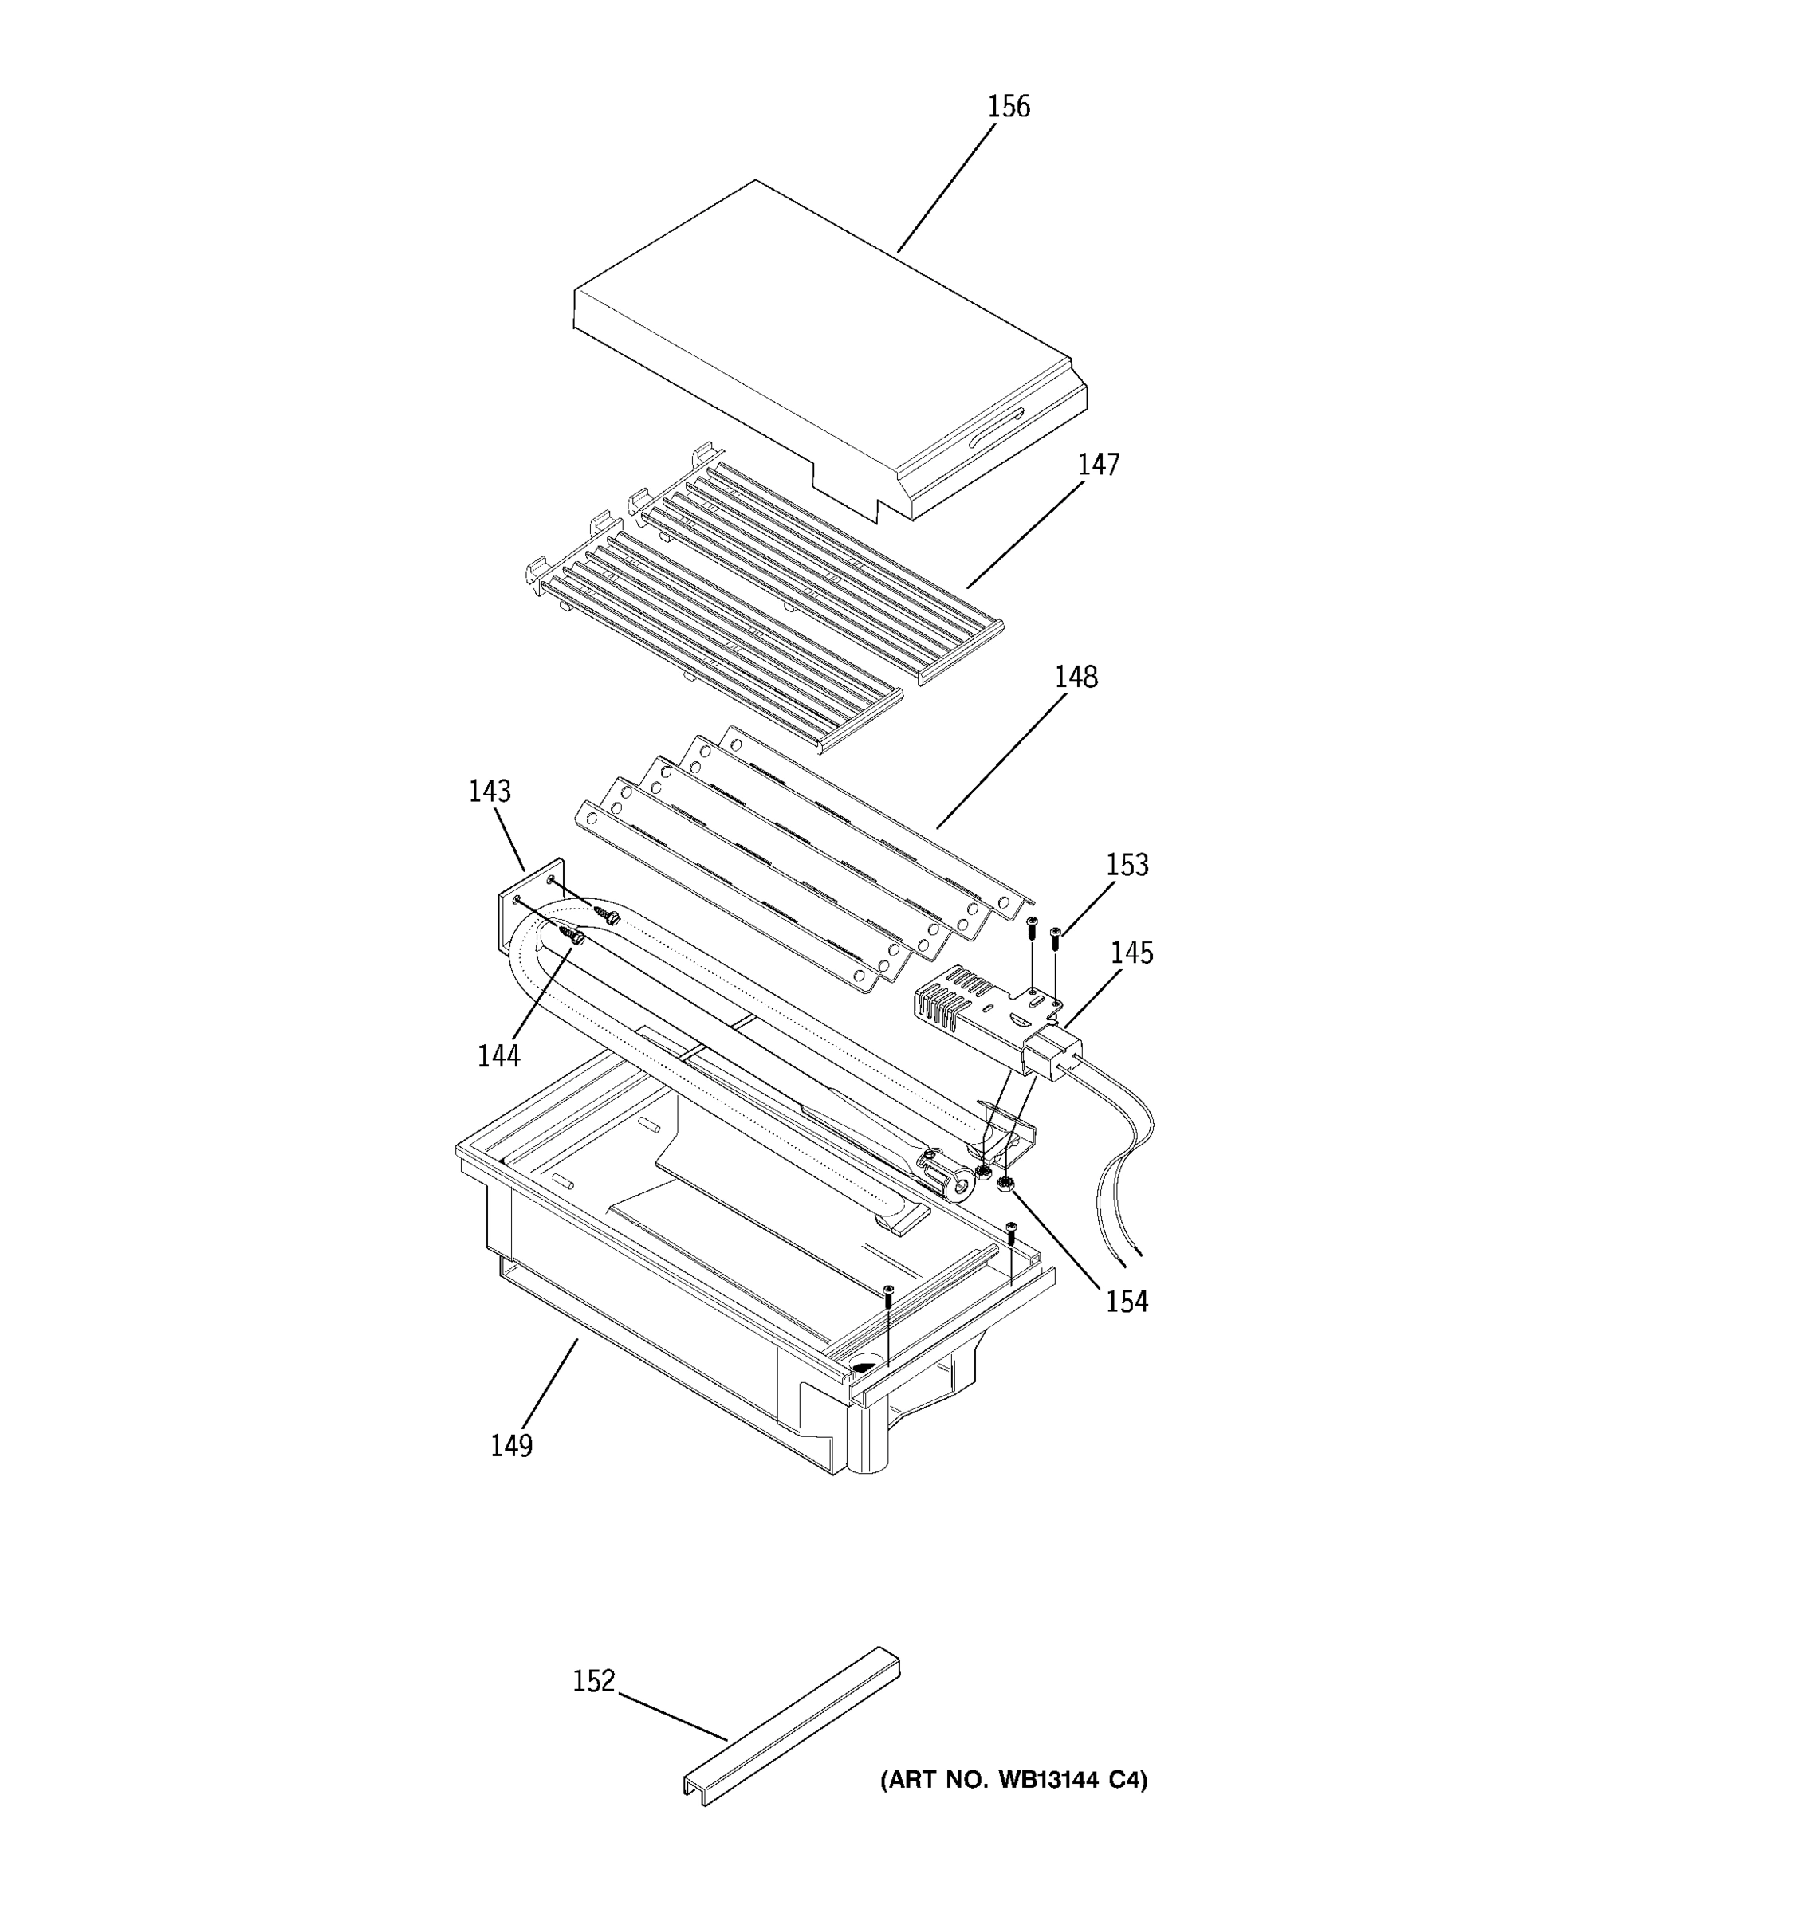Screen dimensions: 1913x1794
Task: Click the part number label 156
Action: (1008, 106)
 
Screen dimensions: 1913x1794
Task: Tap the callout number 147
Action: (1097, 465)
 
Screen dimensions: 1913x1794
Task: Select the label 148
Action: (1075, 678)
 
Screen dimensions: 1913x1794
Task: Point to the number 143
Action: (489, 792)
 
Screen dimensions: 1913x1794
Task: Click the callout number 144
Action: (498, 1055)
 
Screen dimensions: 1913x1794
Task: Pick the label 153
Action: (1127, 865)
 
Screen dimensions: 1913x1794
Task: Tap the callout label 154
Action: (1126, 1302)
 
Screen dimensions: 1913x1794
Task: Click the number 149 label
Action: (511, 1445)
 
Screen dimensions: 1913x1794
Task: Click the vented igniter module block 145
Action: (972, 1011)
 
